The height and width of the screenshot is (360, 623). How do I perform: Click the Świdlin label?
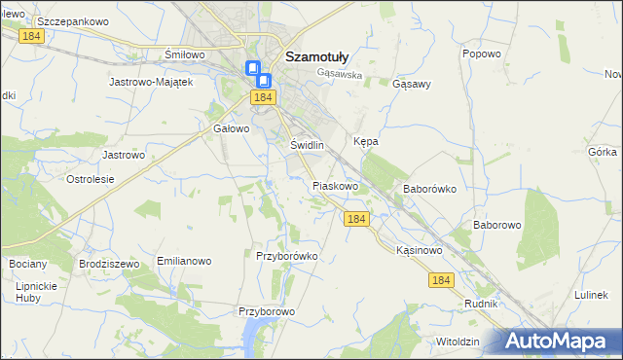(307, 145)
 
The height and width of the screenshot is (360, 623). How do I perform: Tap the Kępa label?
(365, 141)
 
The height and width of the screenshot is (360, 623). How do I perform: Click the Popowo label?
(481, 54)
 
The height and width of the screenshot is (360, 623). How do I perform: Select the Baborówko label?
(429, 189)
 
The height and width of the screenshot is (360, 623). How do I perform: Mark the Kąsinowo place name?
(420, 250)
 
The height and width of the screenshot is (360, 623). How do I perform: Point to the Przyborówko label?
(287, 256)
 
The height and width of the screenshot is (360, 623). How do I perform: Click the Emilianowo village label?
(184, 262)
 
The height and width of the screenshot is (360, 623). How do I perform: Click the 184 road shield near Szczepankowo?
(32, 35)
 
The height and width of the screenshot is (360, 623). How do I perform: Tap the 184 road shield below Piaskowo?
(356, 220)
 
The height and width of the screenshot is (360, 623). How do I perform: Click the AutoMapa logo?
(561, 342)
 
